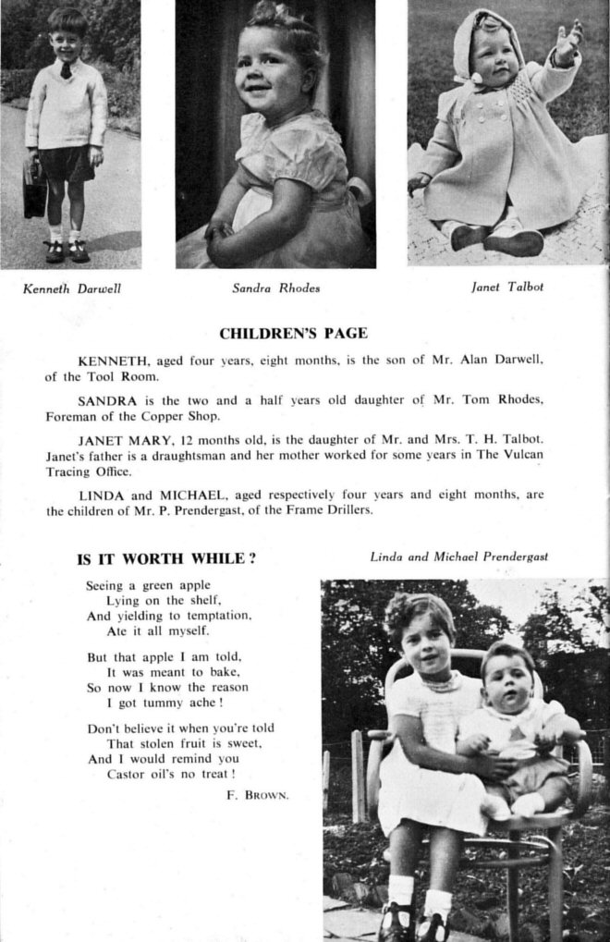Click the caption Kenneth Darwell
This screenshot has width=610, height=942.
72,288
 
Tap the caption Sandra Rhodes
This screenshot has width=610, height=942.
276,287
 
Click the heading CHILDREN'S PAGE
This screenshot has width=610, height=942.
293,334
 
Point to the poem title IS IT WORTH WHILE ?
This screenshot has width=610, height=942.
166,558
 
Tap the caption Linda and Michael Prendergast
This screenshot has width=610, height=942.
458,557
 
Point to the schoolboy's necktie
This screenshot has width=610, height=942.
67,69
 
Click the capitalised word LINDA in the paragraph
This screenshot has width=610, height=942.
100,495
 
